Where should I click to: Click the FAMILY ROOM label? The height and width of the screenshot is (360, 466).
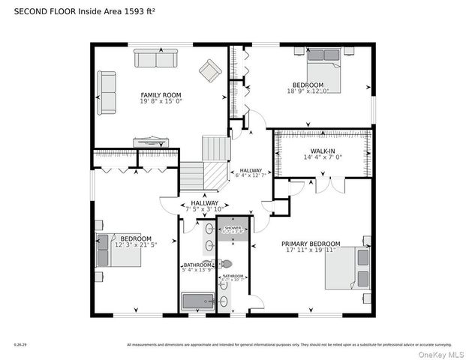pyautogui.click(x=161, y=94)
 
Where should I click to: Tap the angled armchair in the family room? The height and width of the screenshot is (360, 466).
pyautogui.click(x=209, y=72)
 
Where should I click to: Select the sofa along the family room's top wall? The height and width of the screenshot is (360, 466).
pyautogui.click(x=155, y=58)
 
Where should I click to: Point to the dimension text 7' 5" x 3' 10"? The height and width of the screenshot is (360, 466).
pyautogui.click(x=183, y=210)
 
